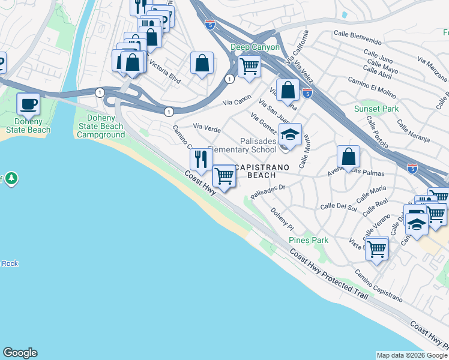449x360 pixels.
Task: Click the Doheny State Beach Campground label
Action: click(100, 126)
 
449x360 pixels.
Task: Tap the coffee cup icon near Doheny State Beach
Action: click(28, 104)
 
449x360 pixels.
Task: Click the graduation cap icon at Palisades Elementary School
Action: click(290, 135)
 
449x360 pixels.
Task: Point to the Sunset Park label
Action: click(376, 109)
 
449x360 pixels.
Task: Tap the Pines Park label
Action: click(309, 240)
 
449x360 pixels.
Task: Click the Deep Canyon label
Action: click(255, 47)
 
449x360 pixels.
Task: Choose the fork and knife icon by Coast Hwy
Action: click(201, 159)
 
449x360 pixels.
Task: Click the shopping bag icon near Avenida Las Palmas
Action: click(348, 157)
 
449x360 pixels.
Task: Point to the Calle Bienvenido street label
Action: click(358, 38)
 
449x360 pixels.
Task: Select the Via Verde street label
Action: click(206, 127)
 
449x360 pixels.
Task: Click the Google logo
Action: click(20, 353)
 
